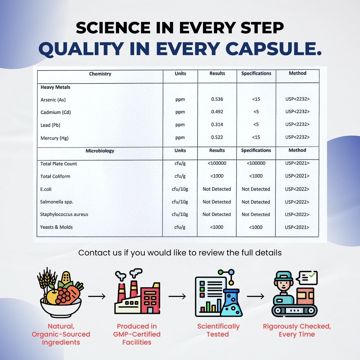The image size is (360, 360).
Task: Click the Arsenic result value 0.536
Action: tap(217, 99)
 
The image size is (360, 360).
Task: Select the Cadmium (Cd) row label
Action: tap(55, 112)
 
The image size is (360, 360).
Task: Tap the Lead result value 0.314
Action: tap(217, 125)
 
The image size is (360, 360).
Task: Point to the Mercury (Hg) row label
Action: tap(54, 138)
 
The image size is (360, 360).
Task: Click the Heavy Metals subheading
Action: tap(55, 87)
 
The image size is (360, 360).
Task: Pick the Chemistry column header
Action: tap(100, 74)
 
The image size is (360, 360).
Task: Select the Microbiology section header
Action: tap(100, 151)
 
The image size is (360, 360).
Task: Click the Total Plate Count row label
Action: tap(59, 164)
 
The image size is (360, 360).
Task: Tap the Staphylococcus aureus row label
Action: tap(64, 215)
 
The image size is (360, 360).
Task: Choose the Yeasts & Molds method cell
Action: tap(297, 227)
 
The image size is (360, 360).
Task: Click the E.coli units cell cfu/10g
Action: tap(180, 189)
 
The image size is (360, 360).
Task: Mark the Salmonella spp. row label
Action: tap(57, 202)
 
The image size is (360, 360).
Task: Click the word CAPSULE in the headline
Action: tap(274, 49)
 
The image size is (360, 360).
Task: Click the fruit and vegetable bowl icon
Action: tap(60, 292)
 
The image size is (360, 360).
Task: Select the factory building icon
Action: tap(137, 291)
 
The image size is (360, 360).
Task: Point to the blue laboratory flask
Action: tap(231, 303)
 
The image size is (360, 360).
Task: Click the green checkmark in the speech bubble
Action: tap(312, 275)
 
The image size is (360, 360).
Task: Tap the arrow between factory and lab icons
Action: tap(177, 296)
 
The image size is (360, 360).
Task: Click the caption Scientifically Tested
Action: tap(218, 330)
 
